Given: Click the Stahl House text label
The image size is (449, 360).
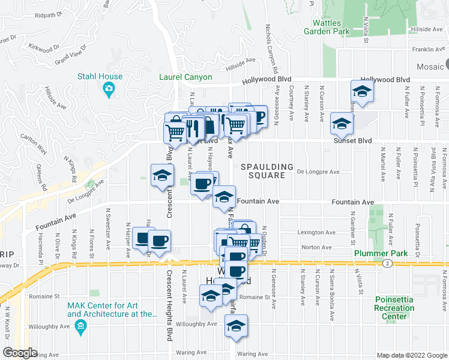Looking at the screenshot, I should (x=100, y=76).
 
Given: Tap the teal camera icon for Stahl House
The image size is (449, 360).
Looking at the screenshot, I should (x=109, y=91).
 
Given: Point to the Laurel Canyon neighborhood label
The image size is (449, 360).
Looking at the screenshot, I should (x=185, y=77).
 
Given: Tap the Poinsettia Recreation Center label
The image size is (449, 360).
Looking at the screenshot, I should (x=394, y=308).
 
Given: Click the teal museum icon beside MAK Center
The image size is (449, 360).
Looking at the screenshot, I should (x=81, y=328).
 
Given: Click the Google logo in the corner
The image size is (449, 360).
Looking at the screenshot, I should (x=19, y=353).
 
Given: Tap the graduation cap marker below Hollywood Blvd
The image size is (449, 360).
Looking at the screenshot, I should (x=362, y=92).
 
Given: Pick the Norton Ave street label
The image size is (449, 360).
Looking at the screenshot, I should (x=318, y=247).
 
